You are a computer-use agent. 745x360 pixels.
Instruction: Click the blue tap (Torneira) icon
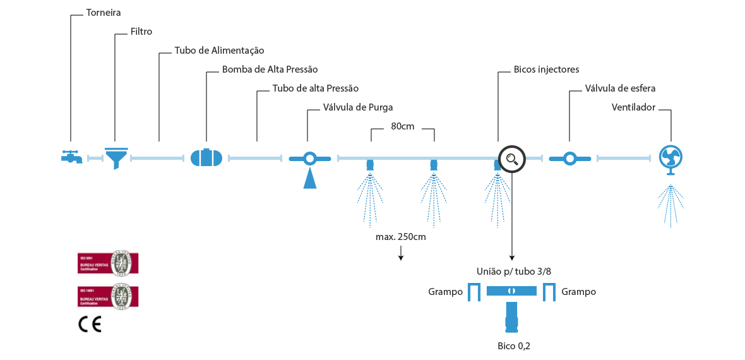pos(71,157)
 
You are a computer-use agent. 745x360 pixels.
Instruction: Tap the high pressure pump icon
pos(206,157)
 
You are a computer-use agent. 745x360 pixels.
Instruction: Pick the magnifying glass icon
pos(511,158)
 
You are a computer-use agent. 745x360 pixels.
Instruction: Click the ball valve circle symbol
pos(569,158)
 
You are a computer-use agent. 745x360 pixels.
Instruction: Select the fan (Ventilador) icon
pos(670,159)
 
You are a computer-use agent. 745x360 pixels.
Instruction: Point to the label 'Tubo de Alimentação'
pos(219,51)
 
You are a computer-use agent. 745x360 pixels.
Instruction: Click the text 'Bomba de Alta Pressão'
pos(270,69)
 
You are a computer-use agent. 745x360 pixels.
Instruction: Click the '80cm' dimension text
pos(402,126)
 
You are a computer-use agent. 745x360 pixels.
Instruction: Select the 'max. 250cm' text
pos(401,237)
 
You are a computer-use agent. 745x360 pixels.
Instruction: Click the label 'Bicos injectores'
pos(546,69)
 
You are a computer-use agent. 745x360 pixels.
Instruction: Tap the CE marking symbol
pos(90,324)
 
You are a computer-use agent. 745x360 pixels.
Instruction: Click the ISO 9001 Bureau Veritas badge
pos(108,263)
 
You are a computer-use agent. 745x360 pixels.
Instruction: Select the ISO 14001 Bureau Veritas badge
pos(108,295)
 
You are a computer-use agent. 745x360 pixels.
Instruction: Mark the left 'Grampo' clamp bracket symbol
pos(474,292)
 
